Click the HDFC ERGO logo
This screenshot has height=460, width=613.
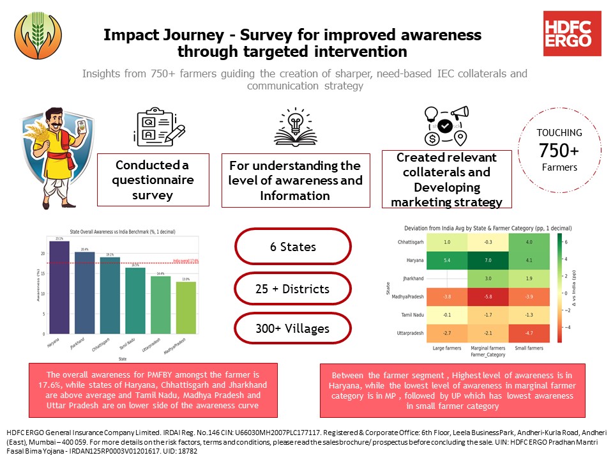point(571,33)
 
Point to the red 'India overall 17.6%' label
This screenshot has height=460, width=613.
point(187,260)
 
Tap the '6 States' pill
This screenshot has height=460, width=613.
point(292,247)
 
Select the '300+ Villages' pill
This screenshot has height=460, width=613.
point(292,329)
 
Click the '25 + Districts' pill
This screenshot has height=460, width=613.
point(292,289)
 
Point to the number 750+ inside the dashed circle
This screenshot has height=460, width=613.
point(559,152)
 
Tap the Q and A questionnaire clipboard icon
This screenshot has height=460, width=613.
point(153,128)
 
